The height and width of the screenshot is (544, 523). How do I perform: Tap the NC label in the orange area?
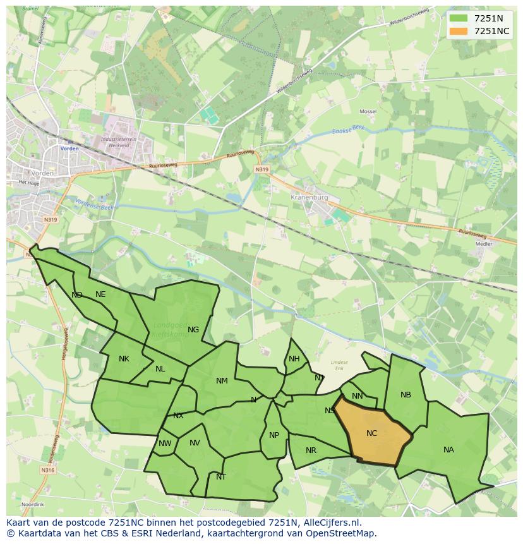coord(371,433)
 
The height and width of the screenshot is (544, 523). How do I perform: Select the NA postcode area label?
coord(448,450)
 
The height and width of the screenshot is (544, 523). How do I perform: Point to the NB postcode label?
coord(406,395)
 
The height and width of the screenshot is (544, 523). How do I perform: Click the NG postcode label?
coord(193,329)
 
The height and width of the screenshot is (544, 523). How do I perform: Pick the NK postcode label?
coord(124,359)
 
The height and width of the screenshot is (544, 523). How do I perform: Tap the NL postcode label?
coord(160,369)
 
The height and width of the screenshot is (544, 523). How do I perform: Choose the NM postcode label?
coord(222,381)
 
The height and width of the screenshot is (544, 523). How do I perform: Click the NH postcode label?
coord(294,359)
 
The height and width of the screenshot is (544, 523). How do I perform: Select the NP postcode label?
coord(274,435)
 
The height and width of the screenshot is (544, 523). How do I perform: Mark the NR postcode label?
coord(311,450)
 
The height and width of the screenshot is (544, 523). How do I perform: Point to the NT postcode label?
coord(221,477)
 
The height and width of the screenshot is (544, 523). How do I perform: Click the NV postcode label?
coord(195,443)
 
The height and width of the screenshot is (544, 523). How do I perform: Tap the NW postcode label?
coord(165,444)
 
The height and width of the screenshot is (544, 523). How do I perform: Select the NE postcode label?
coord(100,294)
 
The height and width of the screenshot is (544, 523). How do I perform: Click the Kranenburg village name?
coord(310,197)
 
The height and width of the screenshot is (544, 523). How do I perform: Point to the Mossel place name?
coord(368,111)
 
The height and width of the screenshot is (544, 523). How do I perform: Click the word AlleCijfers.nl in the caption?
coord(330,523)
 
